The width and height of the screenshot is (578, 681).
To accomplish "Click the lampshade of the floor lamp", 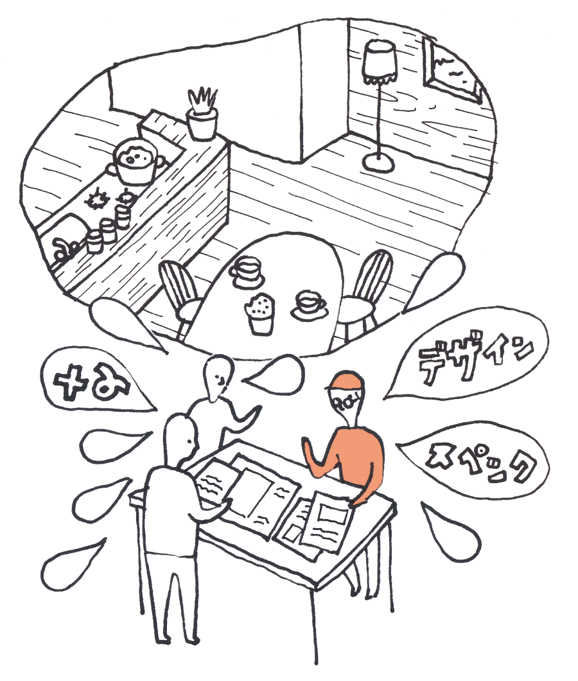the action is click(379, 62).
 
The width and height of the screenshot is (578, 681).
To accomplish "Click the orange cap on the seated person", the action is click(346, 382).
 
